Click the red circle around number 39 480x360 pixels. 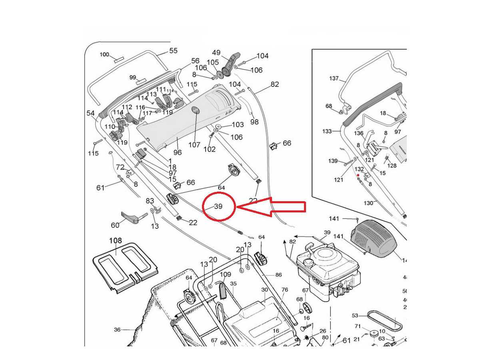(x=218, y=206)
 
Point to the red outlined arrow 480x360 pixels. (x=272, y=207)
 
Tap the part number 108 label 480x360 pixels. (x=116, y=241)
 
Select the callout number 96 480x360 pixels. (x=177, y=152)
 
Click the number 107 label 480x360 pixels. (x=194, y=145)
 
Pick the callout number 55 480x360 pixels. (x=173, y=51)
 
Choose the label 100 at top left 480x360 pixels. (x=104, y=54)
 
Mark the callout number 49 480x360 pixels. (x=216, y=52)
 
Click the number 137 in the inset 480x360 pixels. (x=334, y=78)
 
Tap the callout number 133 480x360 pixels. (x=327, y=131)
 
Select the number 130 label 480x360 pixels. (x=368, y=203)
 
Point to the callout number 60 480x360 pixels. (x=115, y=225)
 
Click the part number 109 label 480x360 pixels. (x=226, y=274)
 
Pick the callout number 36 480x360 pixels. (x=117, y=330)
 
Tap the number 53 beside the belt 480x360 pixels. (x=355, y=316)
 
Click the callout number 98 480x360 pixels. (x=254, y=122)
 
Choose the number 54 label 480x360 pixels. (x=91, y=113)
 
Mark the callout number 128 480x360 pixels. (x=392, y=165)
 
